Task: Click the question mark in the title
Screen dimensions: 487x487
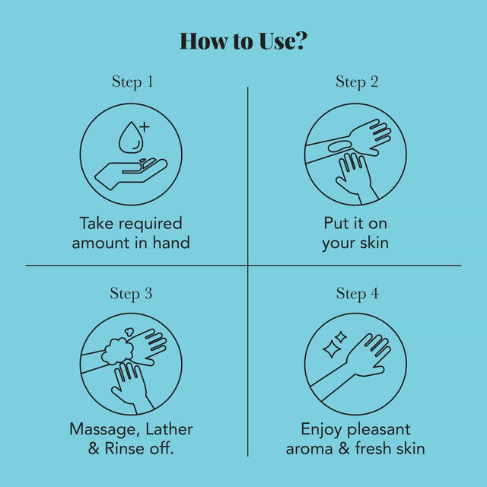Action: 300,40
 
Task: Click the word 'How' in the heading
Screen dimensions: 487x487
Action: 203,41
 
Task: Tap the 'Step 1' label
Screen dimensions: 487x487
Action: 132,82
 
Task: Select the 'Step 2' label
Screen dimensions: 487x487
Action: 357,82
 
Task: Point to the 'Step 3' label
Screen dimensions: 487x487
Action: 131,294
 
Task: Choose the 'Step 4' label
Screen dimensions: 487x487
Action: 358,294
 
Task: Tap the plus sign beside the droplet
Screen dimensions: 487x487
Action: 144,127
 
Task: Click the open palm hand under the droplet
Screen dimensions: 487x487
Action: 131,173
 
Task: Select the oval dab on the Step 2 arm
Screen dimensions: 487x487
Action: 339,147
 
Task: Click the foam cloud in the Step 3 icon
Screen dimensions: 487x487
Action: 118,352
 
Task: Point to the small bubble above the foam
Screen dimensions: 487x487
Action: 129,332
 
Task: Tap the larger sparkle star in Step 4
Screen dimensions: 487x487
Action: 330,349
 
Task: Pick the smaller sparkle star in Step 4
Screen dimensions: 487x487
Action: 340,337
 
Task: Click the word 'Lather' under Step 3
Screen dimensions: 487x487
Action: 169,429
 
